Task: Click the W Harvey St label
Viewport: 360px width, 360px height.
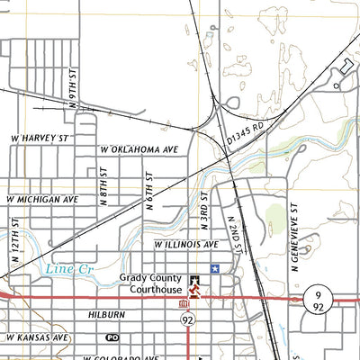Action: click(x=40, y=139)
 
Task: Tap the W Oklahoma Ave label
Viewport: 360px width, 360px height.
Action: click(x=139, y=148)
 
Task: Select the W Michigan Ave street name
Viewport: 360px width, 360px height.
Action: click(x=40, y=199)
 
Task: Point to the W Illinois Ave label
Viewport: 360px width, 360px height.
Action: click(x=186, y=245)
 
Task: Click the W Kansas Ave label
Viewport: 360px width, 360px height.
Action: click(x=37, y=337)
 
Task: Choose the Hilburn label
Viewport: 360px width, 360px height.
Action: click(x=106, y=317)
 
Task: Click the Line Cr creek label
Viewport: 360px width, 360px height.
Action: click(x=63, y=268)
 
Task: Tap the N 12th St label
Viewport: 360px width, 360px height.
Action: click(x=15, y=234)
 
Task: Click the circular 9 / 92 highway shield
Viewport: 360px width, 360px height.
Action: click(x=319, y=301)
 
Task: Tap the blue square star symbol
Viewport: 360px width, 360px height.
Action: click(x=214, y=268)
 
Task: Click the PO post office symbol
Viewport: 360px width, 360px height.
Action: click(x=112, y=337)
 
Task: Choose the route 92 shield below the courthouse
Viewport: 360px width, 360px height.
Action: click(x=187, y=319)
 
